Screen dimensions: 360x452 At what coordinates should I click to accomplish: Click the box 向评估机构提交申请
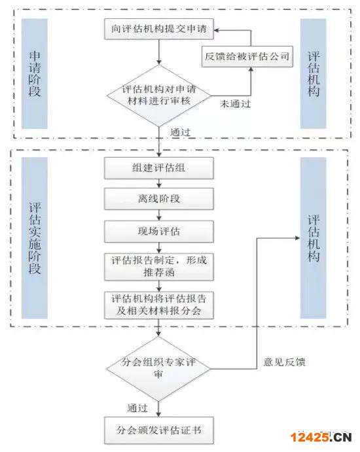tap(159, 29)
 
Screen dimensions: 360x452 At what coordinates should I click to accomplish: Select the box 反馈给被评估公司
tap(247, 56)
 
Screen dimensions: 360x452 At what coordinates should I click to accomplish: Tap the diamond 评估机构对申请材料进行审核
tap(159, 96)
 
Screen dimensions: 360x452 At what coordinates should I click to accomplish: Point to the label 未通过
tap(236, 104)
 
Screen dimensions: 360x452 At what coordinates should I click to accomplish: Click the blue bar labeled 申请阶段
tap(34, 73)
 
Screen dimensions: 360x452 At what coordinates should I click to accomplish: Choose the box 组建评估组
tap(159, 167)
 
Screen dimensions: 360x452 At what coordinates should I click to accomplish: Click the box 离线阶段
tap(159, 199)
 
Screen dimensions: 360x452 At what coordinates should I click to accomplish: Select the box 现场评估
tap(159, 231)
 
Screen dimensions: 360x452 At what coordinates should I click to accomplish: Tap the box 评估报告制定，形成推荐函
tap(159, 267)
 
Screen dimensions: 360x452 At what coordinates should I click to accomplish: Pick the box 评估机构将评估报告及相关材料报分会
tap(159, 305)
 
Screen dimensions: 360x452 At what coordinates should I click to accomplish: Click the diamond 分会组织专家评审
tap(158, 369)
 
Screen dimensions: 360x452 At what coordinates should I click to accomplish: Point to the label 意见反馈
tap(285, 362)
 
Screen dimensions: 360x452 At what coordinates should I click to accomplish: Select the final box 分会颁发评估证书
tap(159, 430)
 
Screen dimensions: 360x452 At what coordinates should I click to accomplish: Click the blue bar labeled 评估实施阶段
tap(34, 238)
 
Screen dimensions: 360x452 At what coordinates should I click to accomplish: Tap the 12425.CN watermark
tap(321, 438)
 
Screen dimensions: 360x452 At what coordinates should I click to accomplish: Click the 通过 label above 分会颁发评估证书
tap(137, 408)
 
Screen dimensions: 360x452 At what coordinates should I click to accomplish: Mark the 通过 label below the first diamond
tap(180, 132)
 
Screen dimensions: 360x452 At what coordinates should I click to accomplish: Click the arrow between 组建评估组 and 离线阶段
tap(159, 183)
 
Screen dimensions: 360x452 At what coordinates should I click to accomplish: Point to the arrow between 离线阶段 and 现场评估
tap(159, 215)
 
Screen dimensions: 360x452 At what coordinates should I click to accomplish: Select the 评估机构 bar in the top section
tap(314, 73)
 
